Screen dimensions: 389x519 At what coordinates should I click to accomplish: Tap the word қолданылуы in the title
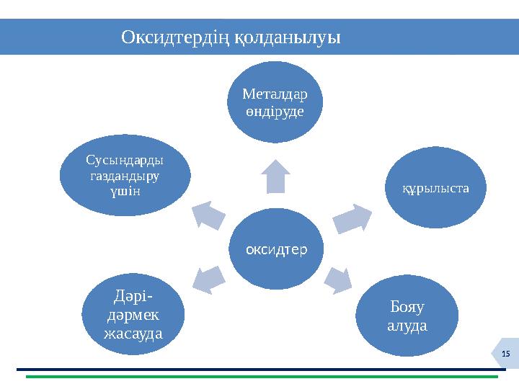click(x=288, y=37)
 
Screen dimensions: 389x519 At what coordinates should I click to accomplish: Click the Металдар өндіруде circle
click(x=275, y=103)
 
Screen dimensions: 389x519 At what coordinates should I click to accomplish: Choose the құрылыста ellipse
click(x=435, y=188)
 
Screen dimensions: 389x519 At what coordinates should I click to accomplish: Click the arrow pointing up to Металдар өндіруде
click(x=275, y=176)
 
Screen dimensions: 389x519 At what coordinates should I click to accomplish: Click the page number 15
click(x=505, y=352)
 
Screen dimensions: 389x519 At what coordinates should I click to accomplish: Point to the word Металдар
click(x=275, y=94)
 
